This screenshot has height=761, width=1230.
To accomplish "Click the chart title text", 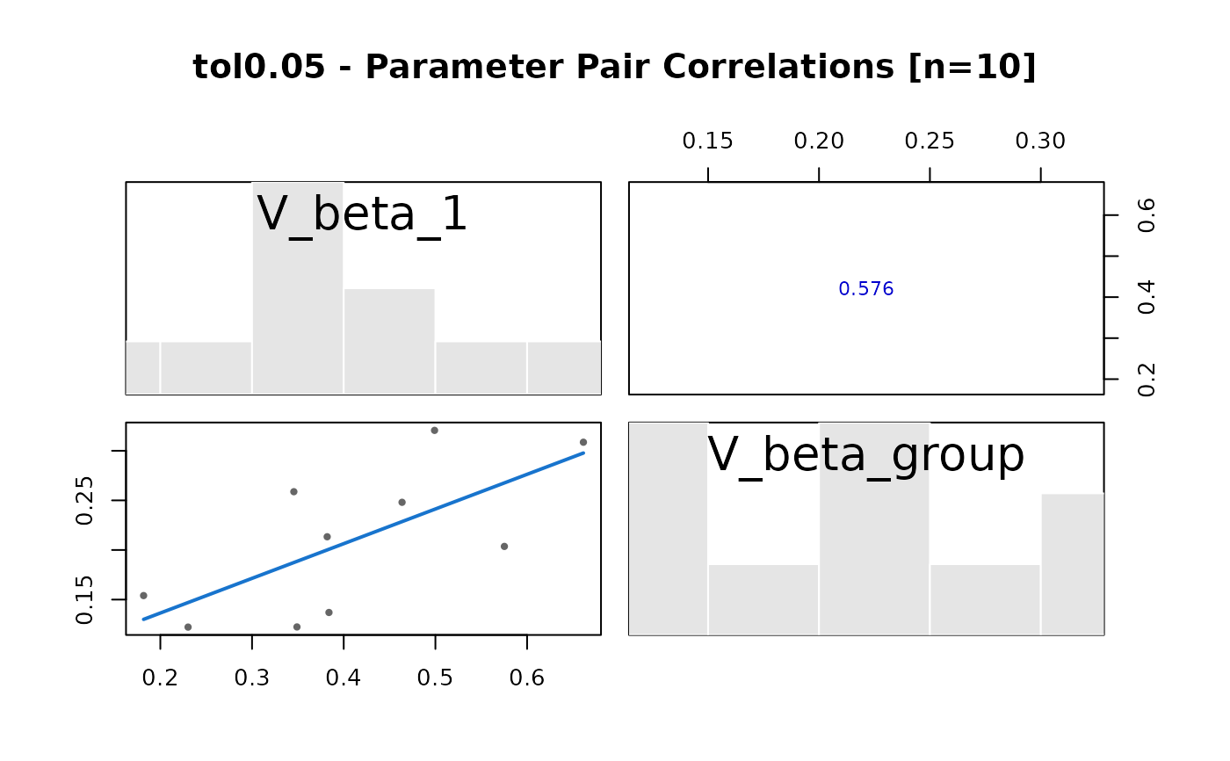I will pyautogui.click(x=614, y=68).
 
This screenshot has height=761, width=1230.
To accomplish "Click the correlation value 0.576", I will pyautogui.click(x=865, y=289).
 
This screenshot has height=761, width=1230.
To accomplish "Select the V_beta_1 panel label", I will pyautogui.click(x=362, y=214).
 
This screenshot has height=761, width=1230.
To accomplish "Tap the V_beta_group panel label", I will pyautogui.click(x=865, y=455).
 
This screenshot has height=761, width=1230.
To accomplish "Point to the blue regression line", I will pyautogui.click(x=363, y=536).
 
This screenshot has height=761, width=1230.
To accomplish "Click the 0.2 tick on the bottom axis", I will pyautogui.click(x=160, y=678).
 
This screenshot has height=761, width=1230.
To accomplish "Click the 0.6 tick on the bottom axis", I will pyautogui.click(x=526, y=678).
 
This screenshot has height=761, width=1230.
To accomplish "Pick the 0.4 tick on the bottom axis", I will pyautogui.click(x=344, y=678).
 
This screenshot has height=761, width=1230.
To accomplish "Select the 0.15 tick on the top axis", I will pyautogui.click(x=707, y=141).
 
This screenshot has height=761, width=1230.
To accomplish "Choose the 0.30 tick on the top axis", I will pyautogui.click(x=1040, y=141).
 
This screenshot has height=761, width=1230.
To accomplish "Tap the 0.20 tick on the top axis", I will pyautogui.click(x=819, y=141).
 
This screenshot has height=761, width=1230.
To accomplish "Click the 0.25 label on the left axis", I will pyautogui.click(x=85, y=500).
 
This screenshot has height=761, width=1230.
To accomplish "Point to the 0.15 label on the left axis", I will pyautogui.click(x=85, y=599).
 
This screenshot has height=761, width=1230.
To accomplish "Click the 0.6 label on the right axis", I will pyautogui.click(x=1147, y=215).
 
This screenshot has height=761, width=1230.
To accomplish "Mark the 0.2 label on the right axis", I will pyautogui.click(x=1147, y=379).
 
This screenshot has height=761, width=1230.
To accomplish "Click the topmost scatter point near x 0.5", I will pyautogui.click(x=434, y=431).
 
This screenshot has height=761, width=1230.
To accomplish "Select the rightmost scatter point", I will pyautogui.click(x=583, y=442).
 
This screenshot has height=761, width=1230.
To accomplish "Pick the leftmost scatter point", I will pyautogui.click(x=143, y=596).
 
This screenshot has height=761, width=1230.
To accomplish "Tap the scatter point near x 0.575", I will pyautogui.click(x=504, y=547).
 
